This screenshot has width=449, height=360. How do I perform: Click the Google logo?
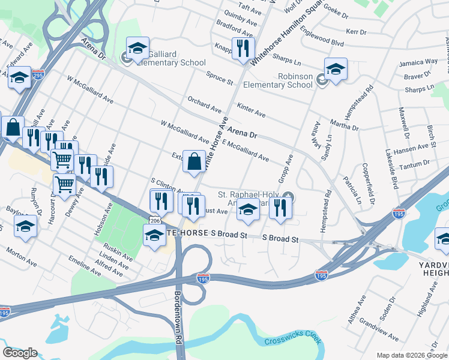(x=20, y=353)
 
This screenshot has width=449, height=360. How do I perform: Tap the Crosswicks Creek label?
(x=292, y=340)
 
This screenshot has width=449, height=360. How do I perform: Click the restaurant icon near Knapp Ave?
(x=243, y=48)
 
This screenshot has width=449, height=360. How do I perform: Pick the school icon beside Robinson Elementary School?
(x=336, y=68)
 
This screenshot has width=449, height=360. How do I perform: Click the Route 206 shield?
(x=154, y=221)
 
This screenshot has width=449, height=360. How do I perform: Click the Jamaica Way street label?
(x=420, y=62)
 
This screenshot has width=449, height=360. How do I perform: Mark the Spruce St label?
(x=219, y=79)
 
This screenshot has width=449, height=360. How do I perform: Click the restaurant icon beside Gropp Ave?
(x=280, y=208)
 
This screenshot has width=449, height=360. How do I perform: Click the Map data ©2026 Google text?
(x=412, y=355)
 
